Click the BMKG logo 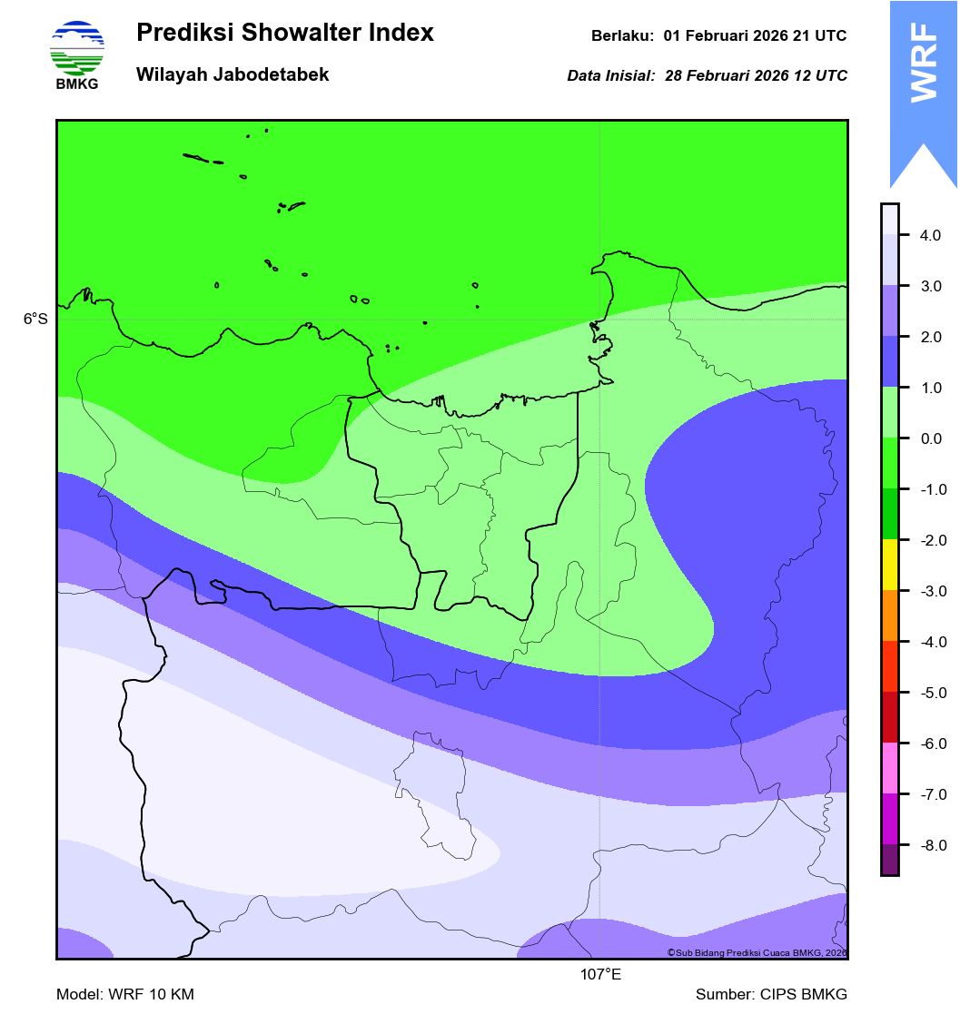pos(77,54)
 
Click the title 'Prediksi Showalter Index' pos(284,34)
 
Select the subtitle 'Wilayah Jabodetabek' pos(233,74)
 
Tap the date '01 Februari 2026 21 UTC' pos(755,36)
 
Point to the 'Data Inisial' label pos(610,76)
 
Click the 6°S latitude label pos(35,320)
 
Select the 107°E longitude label pos(600,976)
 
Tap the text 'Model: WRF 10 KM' pos(125,995)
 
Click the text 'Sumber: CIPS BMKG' pos(771,995)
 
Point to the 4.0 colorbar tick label pos(930,236)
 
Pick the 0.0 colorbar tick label pos(930,439)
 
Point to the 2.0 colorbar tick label pos(930,338)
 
